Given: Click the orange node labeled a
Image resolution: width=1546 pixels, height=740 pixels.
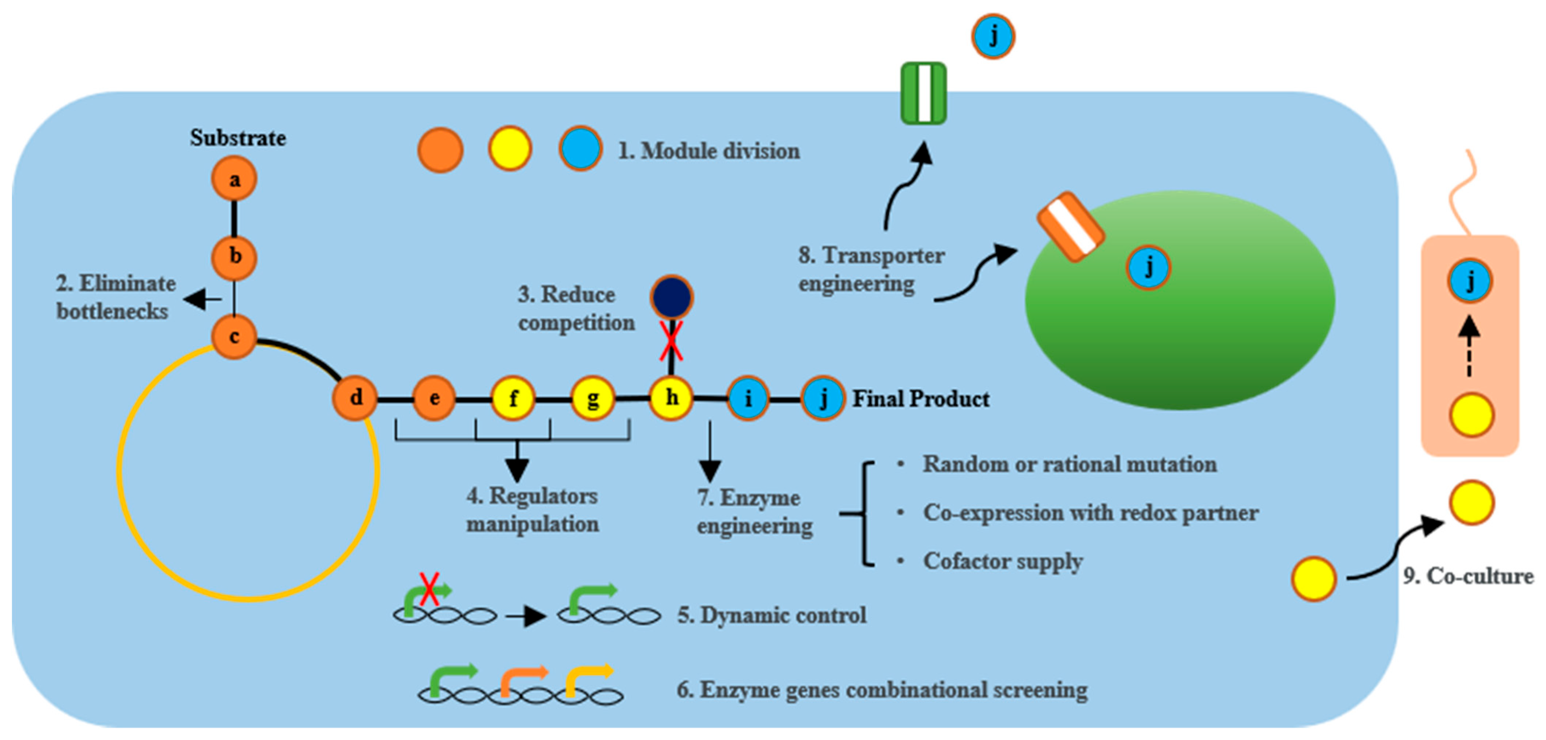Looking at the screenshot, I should click(x=234, y=179).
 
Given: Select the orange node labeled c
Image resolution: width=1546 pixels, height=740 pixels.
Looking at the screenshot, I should click(x=234, y=337).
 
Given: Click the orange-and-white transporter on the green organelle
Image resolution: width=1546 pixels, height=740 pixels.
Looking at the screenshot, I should click(x=1071, y=227).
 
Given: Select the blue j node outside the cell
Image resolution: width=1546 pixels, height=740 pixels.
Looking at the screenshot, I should click(x=993, y=37).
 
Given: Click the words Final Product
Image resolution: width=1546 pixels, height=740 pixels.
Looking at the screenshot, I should click(x=921, y=399).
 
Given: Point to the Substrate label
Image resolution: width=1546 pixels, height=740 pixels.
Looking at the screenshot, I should click(x=238, y=138).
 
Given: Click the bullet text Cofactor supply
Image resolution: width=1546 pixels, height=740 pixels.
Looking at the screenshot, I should click(x=1003, y=561).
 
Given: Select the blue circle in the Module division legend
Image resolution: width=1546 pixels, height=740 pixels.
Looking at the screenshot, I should click(x=580, y=149).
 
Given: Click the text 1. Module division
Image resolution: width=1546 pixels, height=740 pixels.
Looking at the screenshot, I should click(x=709, y=151).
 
